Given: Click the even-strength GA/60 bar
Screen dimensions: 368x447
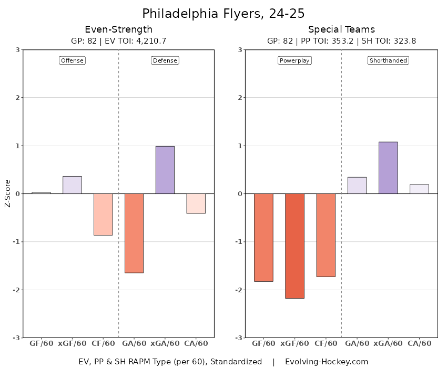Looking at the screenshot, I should pyautogui.click(x=134, y=233).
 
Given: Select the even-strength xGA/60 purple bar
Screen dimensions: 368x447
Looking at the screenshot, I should pyautogui.click(x=165, y=170).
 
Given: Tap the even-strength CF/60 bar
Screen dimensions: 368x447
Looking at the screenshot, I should pyautogui.click(x=103, y=214).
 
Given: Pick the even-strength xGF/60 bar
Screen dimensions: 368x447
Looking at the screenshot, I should pyautogui.click(x=72, y=185).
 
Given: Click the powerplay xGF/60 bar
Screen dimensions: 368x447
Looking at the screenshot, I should pyautogui.click(x=294, y=246).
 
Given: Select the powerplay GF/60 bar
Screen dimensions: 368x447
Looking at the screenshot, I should pyautogui.click(x=263, y=237).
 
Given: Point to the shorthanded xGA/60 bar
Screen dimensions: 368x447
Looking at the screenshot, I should pyautogui.click(x=388, y=168).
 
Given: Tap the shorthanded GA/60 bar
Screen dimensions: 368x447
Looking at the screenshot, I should pyautogui.click(x=357, y=186).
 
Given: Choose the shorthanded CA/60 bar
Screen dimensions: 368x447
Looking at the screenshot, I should pyautogui.click(x=419, y=189).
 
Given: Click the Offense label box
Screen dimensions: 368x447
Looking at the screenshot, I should pyautogui.click(x=72, y=60).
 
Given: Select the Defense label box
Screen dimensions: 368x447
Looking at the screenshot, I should pyautogui.click(x=165, y=60).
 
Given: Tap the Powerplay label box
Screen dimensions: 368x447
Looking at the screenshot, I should pyautogui.click(x=294, y=60).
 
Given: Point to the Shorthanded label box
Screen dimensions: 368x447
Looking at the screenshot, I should pyautogui.click(x=388, y=60).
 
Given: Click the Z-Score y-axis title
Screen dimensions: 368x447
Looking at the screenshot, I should pyautogui.click(x=8, y=194).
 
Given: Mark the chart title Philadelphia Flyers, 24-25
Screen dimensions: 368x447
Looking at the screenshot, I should pyautogui.click(x=223, y=13).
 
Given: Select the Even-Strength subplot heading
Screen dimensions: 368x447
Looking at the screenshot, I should pyautogui.click(x=119, y=29).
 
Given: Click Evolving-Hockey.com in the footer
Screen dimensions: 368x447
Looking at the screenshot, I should pyautogui.click(x=327, y=362).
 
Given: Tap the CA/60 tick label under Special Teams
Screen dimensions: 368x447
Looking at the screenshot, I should pyautogui.click(x=419, y=343).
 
